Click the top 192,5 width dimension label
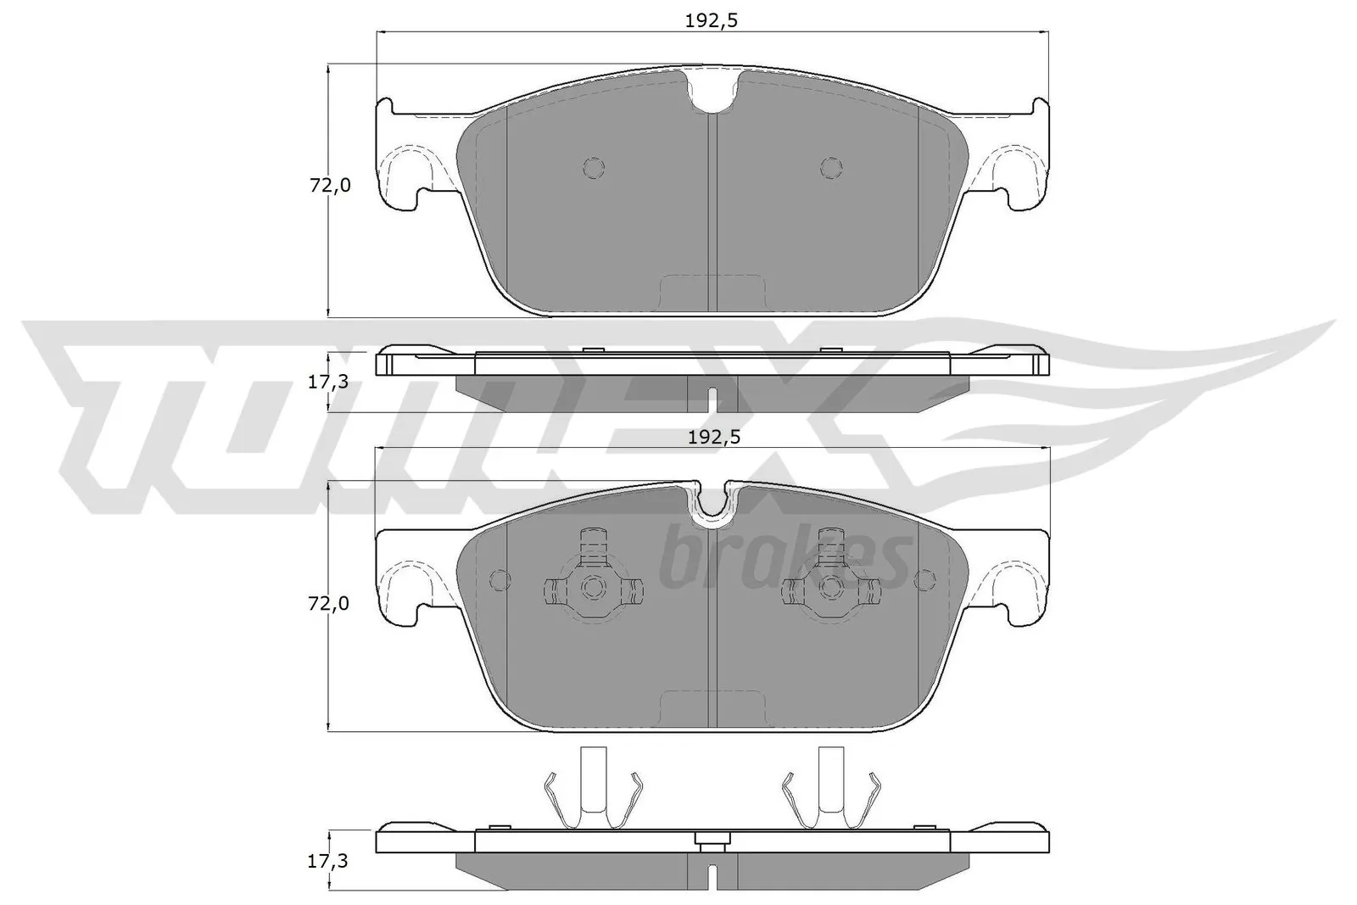pos(712,21)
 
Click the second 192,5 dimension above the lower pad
pos(712,437)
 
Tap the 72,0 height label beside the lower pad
pos(329,603)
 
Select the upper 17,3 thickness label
pos(327,382)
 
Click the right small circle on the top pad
pos(831,168)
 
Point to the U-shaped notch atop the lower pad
pos(712,506)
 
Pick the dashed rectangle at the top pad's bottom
pos(712,293)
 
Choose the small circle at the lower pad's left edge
pos(500,580)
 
